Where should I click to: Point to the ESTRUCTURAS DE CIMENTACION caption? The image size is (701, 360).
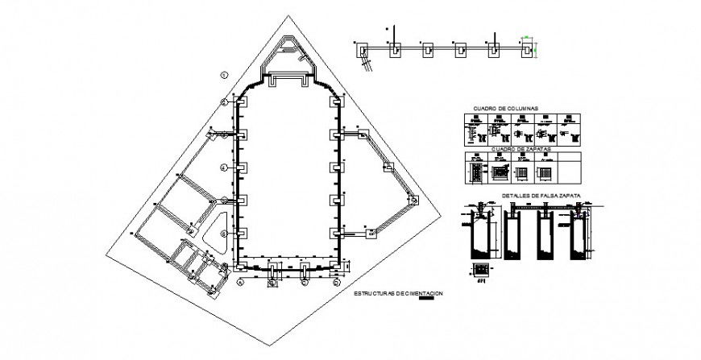click(398, 293)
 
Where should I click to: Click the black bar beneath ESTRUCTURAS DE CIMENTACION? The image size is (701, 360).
click(431, 299)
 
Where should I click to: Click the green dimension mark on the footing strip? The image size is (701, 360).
click(525, 37)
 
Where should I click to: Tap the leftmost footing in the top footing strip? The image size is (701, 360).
click(365, 50)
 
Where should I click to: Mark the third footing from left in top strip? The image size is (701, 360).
click(428, 50)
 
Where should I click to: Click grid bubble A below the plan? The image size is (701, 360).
click(240, 283)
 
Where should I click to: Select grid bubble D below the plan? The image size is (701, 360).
click(334, 283)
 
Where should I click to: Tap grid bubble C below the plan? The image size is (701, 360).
click(304, 283)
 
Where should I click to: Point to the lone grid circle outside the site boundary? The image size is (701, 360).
click(225, 74)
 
